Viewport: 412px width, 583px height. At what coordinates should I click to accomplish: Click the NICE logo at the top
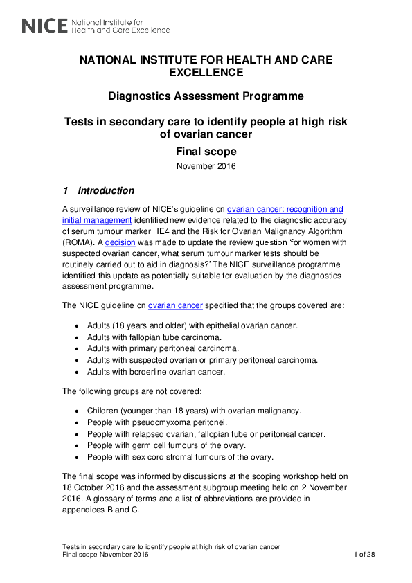pyautogui.click(x=96, y=26)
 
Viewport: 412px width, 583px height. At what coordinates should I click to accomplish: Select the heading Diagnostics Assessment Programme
pyautogui.click(x=206, y=96)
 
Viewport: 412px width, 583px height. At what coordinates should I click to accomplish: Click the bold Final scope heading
pyautogui.click(x=206, y=151)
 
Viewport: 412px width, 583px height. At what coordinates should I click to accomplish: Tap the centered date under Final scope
pyautogui.click(x=206, y=166)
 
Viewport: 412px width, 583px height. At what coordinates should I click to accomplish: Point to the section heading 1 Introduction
pyautogui.click(x=98, y=190)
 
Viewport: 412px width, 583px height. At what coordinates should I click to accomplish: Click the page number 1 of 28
pyautogui.click(x=364, y=555)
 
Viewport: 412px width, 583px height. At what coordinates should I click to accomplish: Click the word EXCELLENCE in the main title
pyautogui.click(x=206, y=72)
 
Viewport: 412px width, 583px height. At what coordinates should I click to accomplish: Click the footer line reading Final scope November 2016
pyautogui.click(x=105, y=555)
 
